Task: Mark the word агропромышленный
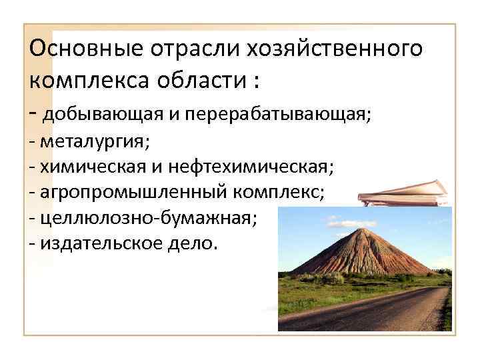tap(133, 193)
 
